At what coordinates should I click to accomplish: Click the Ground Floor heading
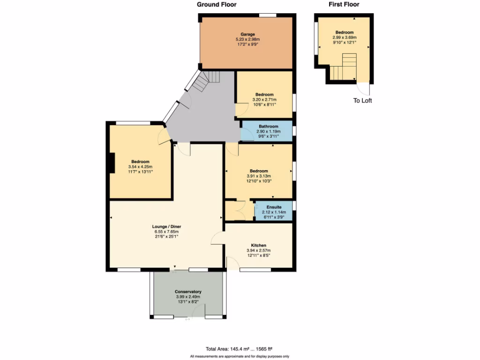(216, 5)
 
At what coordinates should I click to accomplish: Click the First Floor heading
(344, 5)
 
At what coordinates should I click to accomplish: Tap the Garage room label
(247, 34)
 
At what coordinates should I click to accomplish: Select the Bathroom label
(269, 126)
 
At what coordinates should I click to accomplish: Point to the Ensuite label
(274, 207)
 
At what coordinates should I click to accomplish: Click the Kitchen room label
(258, 245)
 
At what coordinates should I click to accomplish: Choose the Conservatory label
(188, 292)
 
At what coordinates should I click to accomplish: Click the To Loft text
(362, 100)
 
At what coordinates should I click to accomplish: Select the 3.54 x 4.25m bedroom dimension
(140, 167)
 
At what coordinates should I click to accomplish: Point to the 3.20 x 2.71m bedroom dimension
(264, 99)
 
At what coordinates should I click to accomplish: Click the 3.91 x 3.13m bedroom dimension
(259, 176)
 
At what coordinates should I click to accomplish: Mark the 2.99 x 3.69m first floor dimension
(345, 37)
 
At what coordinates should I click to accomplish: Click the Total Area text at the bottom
(239, 349)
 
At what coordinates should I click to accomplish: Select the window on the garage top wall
(268, 15)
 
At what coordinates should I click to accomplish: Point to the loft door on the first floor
(364, 89)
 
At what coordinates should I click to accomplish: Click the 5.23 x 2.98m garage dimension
(247, 39)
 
